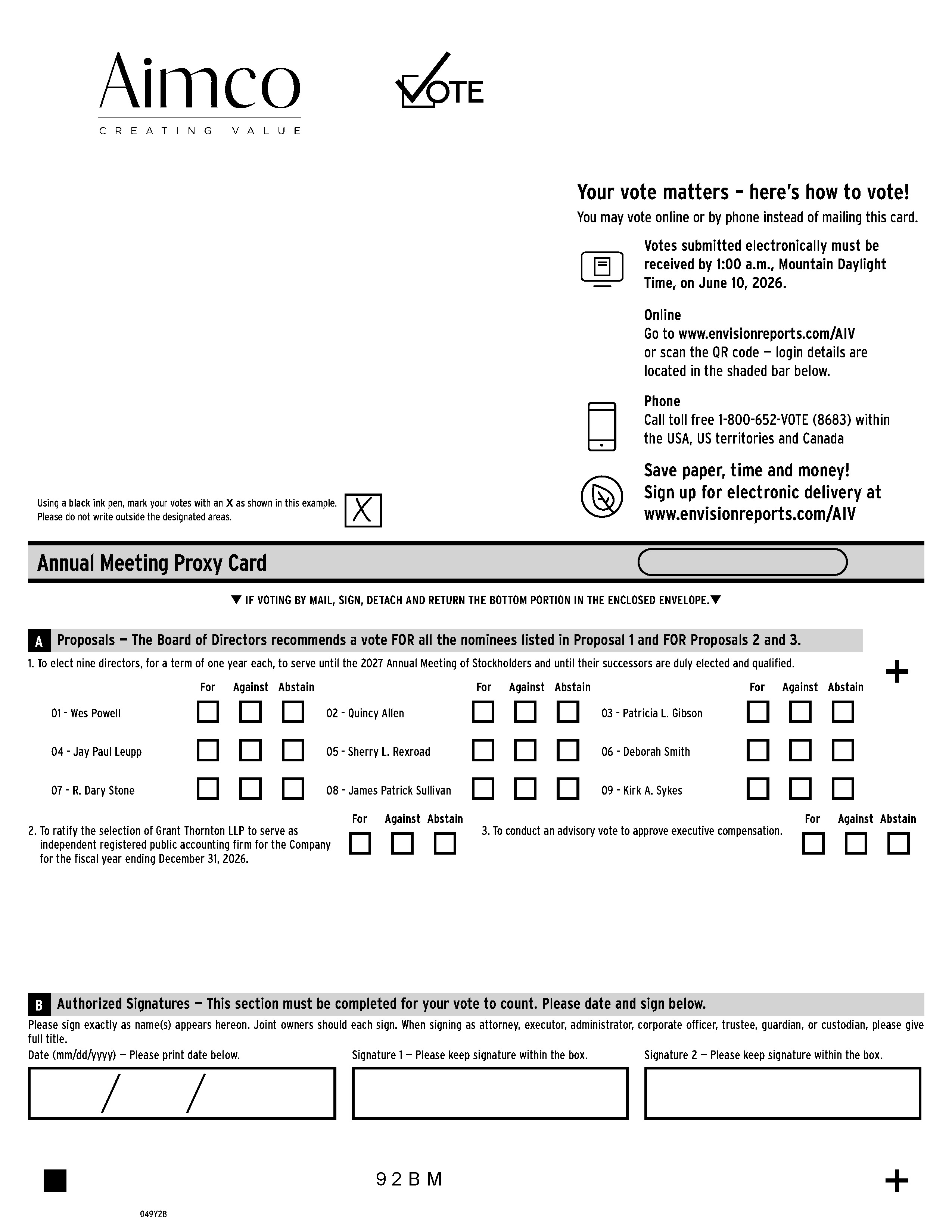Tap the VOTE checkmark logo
tap(439, 82)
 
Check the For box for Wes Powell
tap(208, 712)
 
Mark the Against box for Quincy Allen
tap(525, 712)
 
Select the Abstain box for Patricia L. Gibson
tap(843, 712)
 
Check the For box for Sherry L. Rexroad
tap(483, 750)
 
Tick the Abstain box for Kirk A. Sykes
tap(843, 789)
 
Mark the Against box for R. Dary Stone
tap(251, 789)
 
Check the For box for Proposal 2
tap(360, 844)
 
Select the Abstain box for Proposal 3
tap(898, 844)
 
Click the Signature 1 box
tap(490, 1093)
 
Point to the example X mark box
tap(363, 511)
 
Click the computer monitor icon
tap(602, 268)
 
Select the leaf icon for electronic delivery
tap(602, 496)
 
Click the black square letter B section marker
tap(39, 1005)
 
